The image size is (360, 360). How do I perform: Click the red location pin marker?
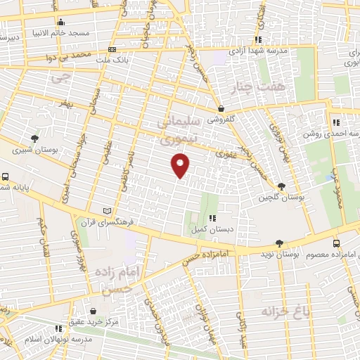181,166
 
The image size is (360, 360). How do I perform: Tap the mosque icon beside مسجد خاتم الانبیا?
61,22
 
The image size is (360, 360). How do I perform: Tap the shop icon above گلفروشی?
221,108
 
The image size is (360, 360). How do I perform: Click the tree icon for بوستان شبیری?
34,138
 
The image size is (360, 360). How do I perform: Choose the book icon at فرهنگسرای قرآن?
107,210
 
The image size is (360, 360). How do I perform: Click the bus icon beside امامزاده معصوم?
335,241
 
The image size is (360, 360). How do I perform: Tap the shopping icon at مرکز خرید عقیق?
93,310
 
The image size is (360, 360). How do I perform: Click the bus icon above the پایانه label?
5,177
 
